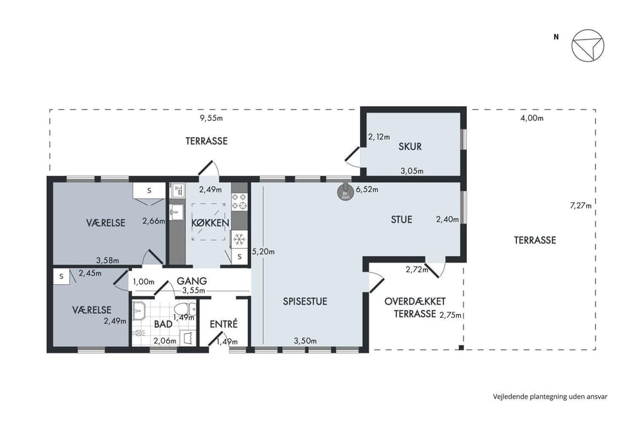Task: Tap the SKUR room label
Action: [x=410, y=146]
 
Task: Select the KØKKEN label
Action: [x=210, y=223]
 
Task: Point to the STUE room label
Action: [x=402, y=220]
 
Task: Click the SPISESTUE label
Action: [x=305, y=301]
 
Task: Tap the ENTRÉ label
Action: [x=224, y=324]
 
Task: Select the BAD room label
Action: [x=163, y=324]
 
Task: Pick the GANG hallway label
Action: [x=192, y=281]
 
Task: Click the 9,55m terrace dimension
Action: [x=212, y=118]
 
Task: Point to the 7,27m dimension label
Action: [x=580, y=206]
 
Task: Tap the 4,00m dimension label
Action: [x=533, y=118]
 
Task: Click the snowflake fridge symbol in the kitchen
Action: [x=239, y=239]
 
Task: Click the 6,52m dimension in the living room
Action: [x=367, y=189]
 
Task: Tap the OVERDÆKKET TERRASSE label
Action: [x=415, y=307]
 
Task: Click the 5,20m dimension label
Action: [x=263, y=252]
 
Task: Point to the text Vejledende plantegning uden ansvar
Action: [x=550, y=396]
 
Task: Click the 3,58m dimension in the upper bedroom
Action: [x=107, y=260]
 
